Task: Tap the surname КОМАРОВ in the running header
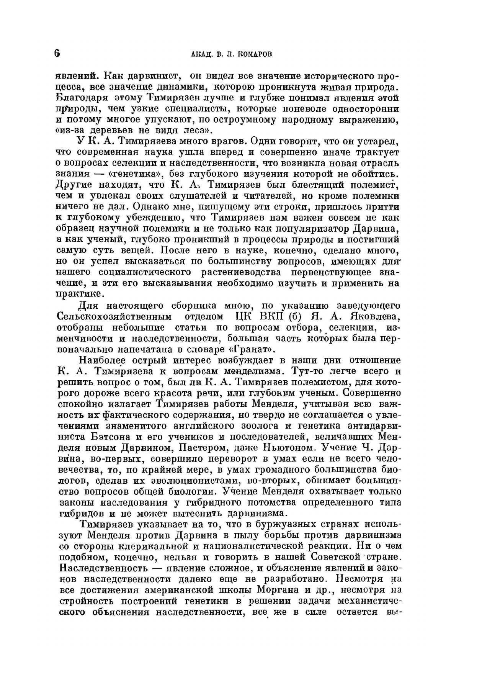pos(255,54)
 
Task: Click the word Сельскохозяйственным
pos(114,317)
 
